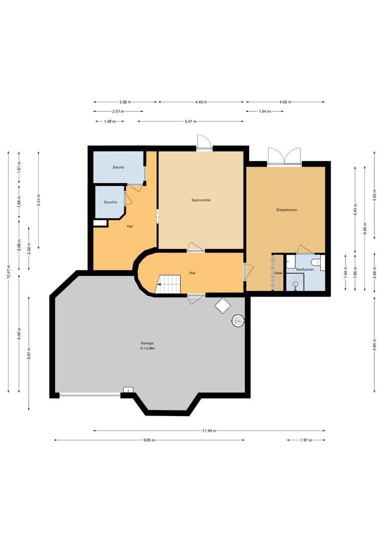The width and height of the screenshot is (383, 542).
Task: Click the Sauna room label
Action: tap(118, 167)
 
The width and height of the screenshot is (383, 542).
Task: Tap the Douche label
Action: tap(110, 202)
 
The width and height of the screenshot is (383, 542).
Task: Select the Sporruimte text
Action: tap(201, 200)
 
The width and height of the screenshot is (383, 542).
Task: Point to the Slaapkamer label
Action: tap(286, 210)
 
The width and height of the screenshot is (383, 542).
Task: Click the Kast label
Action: tap(278, 273)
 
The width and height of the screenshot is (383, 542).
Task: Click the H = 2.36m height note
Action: tap(147, 348)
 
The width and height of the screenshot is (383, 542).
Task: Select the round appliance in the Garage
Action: tap(238, 320)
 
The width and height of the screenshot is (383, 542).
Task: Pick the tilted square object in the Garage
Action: tap(222, 305)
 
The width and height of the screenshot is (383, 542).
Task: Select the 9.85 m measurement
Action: tap(149, 440)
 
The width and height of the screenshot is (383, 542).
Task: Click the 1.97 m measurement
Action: tap(306, 440)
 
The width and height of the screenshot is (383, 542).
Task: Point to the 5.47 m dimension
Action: tap(190, 121)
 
